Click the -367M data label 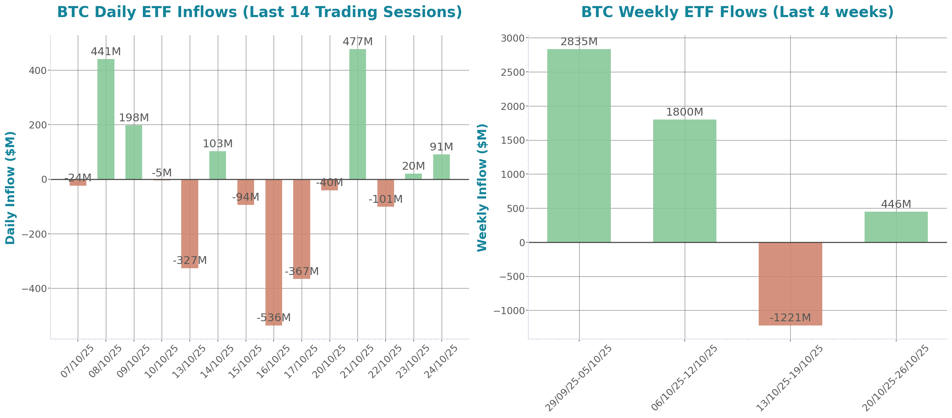pyautogui.click(x=302, y=271)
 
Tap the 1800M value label pyautogui.click(x=684, y=112)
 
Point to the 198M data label pyautogui.click(x=133, y=118)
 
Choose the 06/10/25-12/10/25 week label pyautogui.click(x=684, y=378)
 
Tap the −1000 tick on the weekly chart pyautogui.click(x=509, y=311)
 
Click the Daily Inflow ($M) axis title pyautogui.click(x=10, y=187)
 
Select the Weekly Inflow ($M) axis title pyautogui.click(x=482, y=187)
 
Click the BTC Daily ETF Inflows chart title pyautogui.click(x=259, y=12)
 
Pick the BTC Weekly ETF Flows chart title pyautogui.click(x=737, y=12)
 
